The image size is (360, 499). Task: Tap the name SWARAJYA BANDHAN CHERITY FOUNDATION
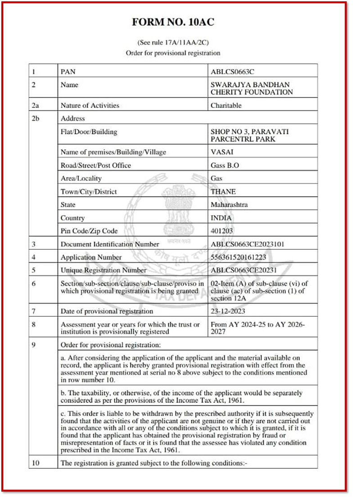click(x=252, y=88)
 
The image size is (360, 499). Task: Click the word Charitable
click(x=226, y=105)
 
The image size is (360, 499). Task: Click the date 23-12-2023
click(x=228, y=311)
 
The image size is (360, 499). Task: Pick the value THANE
click(x=223, y=191)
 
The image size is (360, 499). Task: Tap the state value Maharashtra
click(x=229, y=205)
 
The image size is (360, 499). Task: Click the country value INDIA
click(x=221, y=218)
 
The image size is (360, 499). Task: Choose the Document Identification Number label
click(x=110, y=244)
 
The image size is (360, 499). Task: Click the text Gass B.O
click(x=225, y=165)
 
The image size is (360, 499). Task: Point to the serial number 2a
click(x=36, y=105)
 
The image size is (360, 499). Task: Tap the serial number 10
click(x=36, y=463)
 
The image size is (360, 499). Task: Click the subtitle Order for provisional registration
click(x=173, y=53)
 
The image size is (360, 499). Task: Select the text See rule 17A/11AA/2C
click(x=173, y=43)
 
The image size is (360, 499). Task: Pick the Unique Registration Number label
click(x=103, y=270)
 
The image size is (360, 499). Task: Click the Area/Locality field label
click(x=81, y=178)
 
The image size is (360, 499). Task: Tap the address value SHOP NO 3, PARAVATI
click(x=250, y=132)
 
